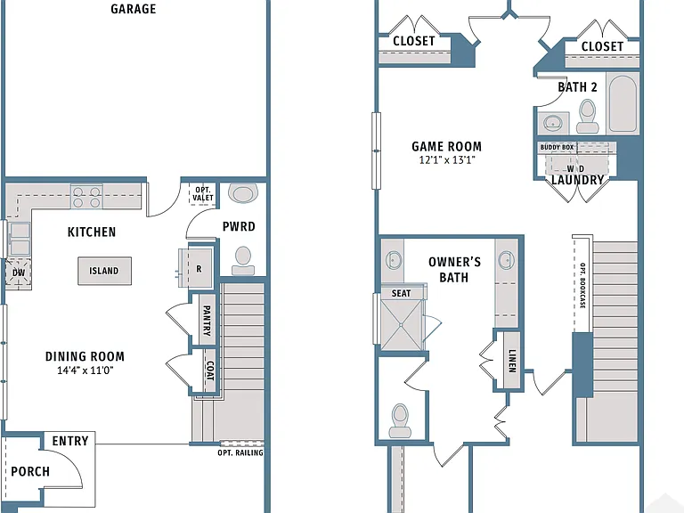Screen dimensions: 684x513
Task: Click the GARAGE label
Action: [x=133, y=9]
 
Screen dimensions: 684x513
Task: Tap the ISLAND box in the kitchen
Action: [x=105, y=271]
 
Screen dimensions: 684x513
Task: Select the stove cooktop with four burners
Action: [x=86, y=197]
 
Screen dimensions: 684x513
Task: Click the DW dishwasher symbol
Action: [x=19, y=273]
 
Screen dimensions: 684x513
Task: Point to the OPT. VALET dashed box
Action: [x=203, y=193]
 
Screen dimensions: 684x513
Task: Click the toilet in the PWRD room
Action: [x=243, y=261]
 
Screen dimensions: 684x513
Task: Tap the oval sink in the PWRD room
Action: [x=243, y=193]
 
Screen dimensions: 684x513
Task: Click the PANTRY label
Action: [x=207, y=321]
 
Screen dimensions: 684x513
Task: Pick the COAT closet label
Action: [x=210, y=370]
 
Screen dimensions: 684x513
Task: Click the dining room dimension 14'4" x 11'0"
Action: [x=85, y=370]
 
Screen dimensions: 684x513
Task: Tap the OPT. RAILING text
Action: [x=240, y=452]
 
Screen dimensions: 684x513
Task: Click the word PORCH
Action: [x=30, y=471]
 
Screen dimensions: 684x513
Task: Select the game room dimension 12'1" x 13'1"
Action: [x=447, y=159]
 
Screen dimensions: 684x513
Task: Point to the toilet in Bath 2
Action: [x=588, y=116]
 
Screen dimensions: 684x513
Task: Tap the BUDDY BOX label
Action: [x=557, y=147]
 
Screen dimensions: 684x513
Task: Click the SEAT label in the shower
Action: [x=401, y=294]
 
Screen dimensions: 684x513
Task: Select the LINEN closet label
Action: [x=512, y=362]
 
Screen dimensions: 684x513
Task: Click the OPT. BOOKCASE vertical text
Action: [x=582, y=285]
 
